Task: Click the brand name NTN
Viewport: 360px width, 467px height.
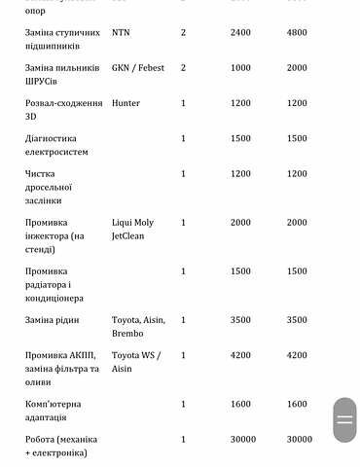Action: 121,32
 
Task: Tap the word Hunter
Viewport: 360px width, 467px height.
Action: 126,103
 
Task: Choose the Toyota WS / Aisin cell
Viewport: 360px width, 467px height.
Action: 136,362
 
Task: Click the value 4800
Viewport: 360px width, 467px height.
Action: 297,32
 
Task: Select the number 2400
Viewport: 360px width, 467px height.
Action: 240,32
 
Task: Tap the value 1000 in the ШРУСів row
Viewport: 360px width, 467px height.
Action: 240,68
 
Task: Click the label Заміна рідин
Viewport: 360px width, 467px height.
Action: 53,320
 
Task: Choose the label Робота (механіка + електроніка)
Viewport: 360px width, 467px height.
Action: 61,446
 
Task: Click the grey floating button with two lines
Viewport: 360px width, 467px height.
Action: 344,420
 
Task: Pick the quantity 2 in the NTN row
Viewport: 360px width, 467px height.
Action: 183,32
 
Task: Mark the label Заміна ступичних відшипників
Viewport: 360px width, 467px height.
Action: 59,39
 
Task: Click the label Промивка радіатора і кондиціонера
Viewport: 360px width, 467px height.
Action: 54,284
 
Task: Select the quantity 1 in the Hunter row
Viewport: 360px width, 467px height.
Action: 183,103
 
